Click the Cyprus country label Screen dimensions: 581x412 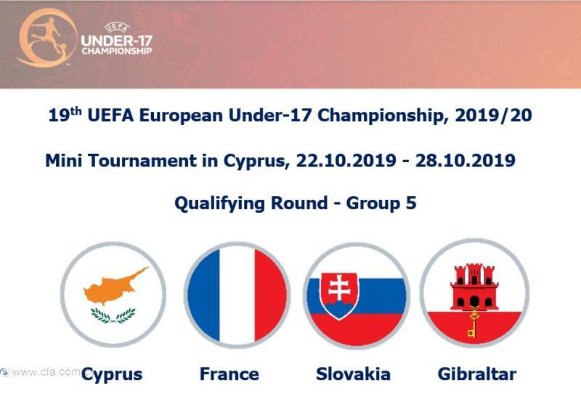[x=112, y=375]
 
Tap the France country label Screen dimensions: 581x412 [x=229, y=373]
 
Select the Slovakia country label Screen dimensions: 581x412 [x=353, y=373]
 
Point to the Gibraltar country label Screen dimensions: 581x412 [x=477, y=373]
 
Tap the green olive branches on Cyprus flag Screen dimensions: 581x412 [x=113, y=315]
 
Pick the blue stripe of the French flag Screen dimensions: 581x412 [x=204, y=295]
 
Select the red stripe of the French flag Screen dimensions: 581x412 [x=270, y=295]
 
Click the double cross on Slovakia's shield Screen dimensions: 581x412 [x=339, y=288]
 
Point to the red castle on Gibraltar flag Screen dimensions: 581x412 [x=474, y=287]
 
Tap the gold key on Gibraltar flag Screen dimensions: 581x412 [x=473, y=322]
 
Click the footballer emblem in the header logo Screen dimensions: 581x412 [x=46, y=38]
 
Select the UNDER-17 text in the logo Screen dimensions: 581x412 [x=117, y=41]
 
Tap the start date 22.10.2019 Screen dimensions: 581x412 [x=346, y=161]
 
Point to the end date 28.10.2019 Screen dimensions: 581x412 [x=466, y=161]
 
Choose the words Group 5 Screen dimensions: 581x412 [x=381, y=203]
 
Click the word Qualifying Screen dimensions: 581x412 [x=220, y=204]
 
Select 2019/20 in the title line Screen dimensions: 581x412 [x=494, y=116]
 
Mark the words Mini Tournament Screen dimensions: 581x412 [x=121, y=161]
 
